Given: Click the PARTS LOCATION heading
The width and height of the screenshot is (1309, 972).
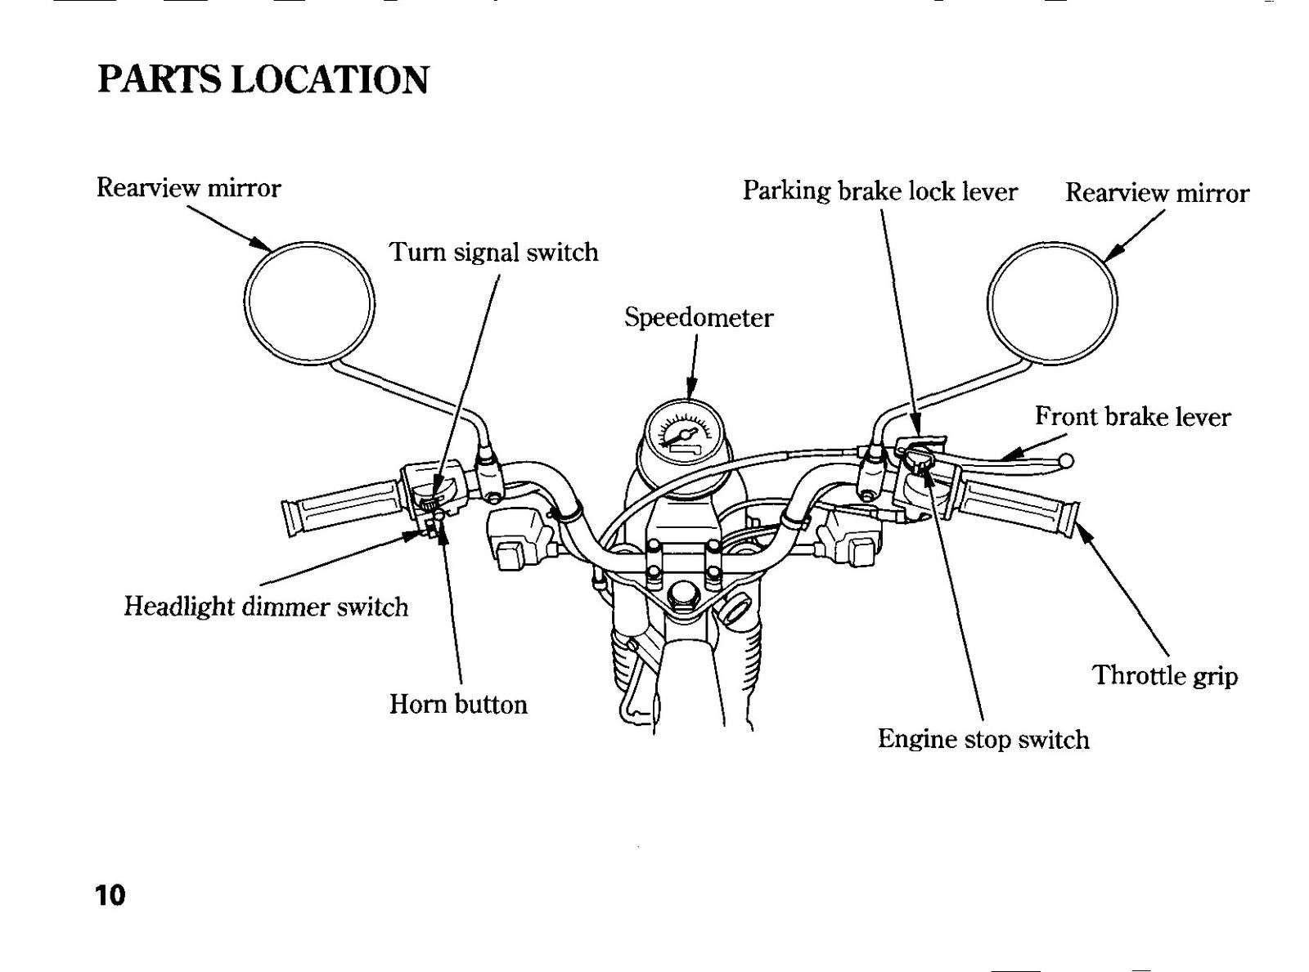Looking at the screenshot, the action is click(x=263, y=79).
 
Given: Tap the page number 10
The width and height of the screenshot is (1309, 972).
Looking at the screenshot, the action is click(x=110, y=894).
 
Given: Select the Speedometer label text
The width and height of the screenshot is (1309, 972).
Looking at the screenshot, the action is click(x=699, y=318).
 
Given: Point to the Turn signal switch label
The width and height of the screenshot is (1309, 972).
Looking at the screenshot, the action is click(x=493, y=253).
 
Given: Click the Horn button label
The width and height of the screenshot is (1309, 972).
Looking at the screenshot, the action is click(x=459, y=704).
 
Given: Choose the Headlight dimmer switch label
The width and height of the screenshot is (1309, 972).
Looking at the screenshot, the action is click(x=266, y=607).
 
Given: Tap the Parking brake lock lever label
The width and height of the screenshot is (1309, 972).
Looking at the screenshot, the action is click(x=880, y=191).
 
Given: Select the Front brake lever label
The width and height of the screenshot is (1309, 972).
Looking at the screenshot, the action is click(x=1132, y=416).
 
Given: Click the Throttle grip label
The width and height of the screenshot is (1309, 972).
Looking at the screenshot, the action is click(x=1165, y=675).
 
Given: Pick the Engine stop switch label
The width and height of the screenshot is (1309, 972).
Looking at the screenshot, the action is click(x=983, y=740).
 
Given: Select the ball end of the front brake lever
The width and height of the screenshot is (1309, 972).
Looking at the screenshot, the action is click(x=1067, y=460).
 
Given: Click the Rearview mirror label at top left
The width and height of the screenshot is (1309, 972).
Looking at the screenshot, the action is click(x=188, y=188).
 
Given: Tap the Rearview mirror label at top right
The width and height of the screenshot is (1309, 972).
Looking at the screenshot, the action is click(x=1157, y=193).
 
